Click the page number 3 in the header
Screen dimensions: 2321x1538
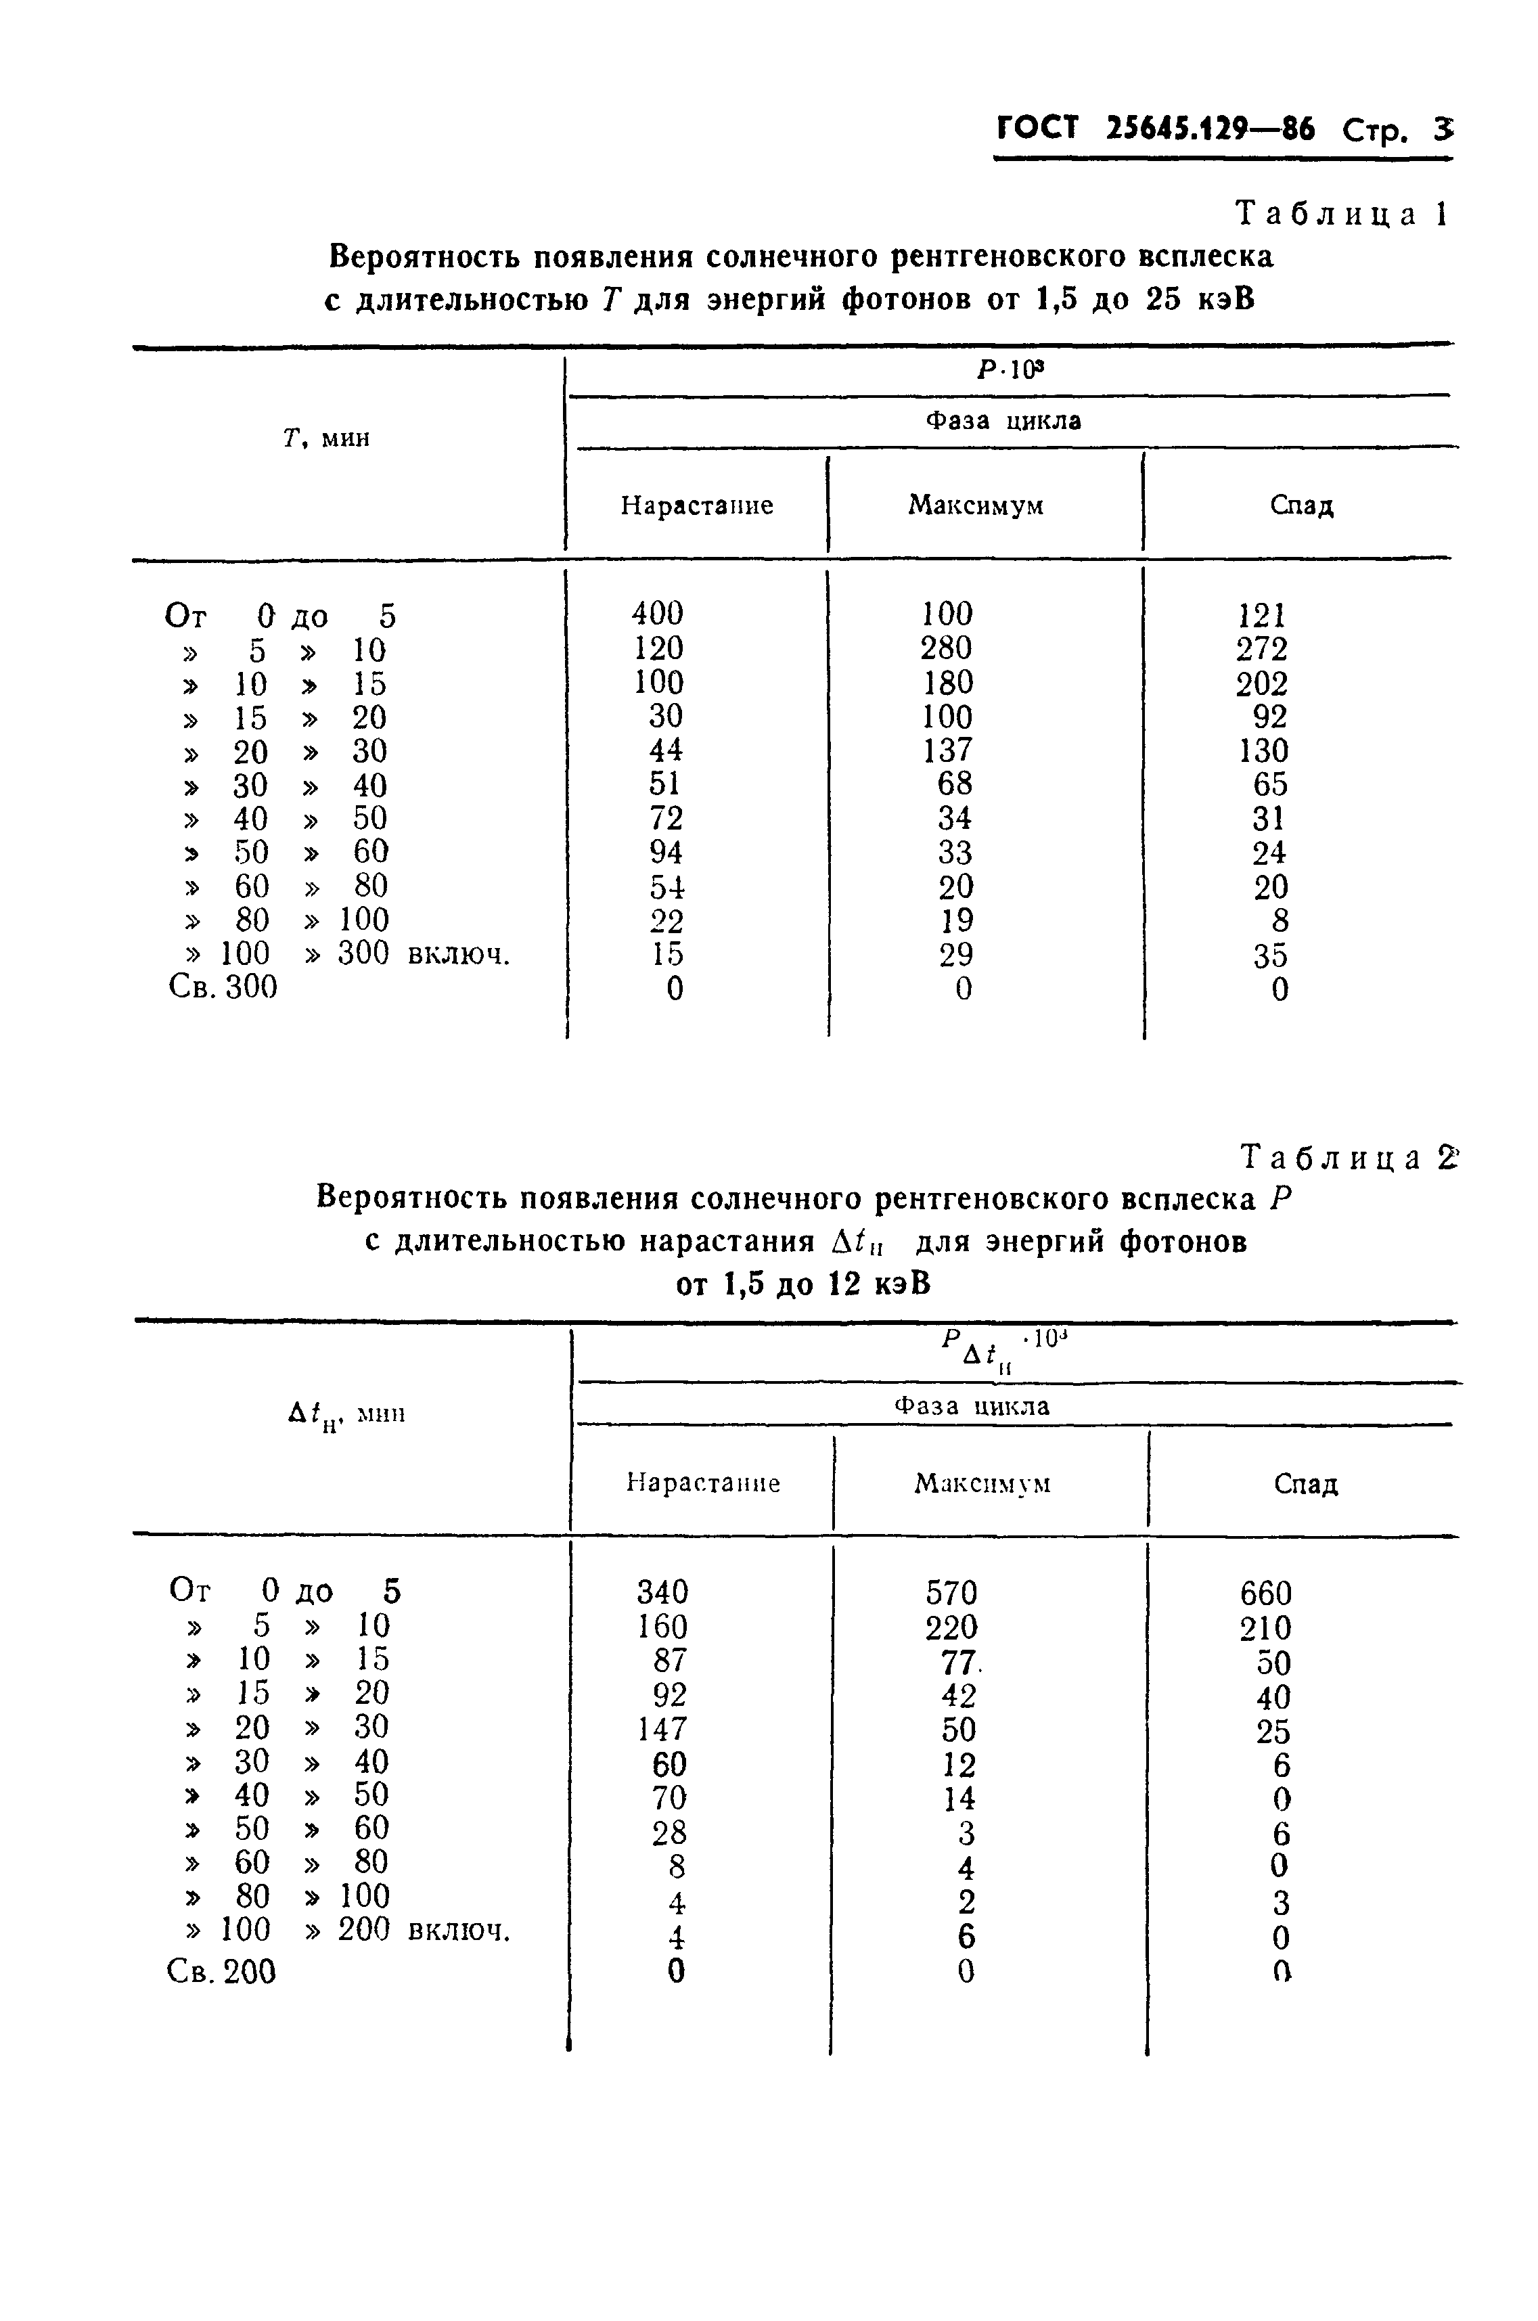[x=1442, y=129]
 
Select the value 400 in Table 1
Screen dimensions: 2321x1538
[x=656, y=614]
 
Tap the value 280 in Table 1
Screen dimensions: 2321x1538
[x=947, y=648]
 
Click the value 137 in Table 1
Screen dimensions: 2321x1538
[x=947, y=750]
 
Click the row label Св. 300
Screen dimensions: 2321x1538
[x=223, y=987]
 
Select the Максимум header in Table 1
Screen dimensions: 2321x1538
[x=975, y=505]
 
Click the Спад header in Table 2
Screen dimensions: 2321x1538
[x=1305, y=1483]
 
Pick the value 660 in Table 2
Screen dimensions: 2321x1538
[x=1265, y=1593]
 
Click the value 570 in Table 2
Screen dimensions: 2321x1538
[x=951, y=1593]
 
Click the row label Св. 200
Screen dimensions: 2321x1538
[x=222, y=1972]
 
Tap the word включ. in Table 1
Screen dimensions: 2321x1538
[x=458, y=955]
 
